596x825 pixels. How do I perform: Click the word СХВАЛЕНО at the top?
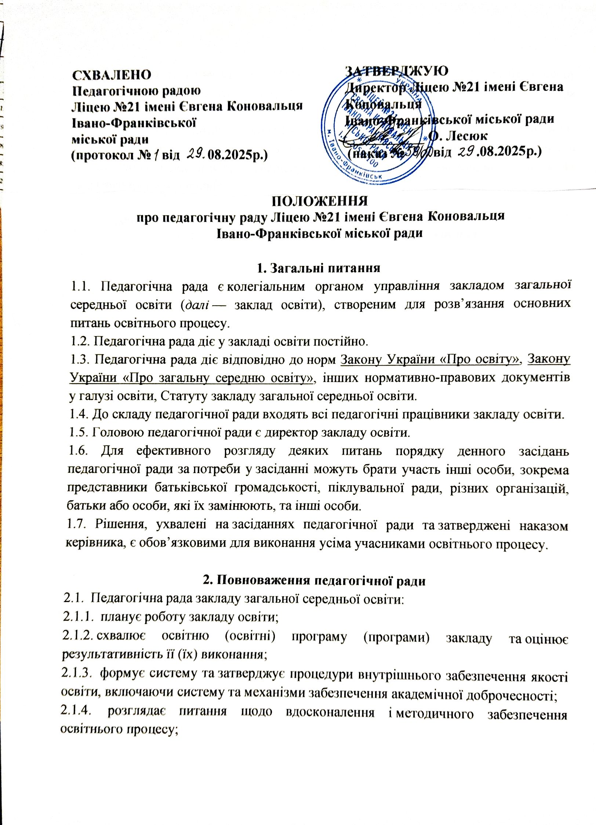click(x=112, y=75)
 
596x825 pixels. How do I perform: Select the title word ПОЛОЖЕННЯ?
click(x=319, y=202)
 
